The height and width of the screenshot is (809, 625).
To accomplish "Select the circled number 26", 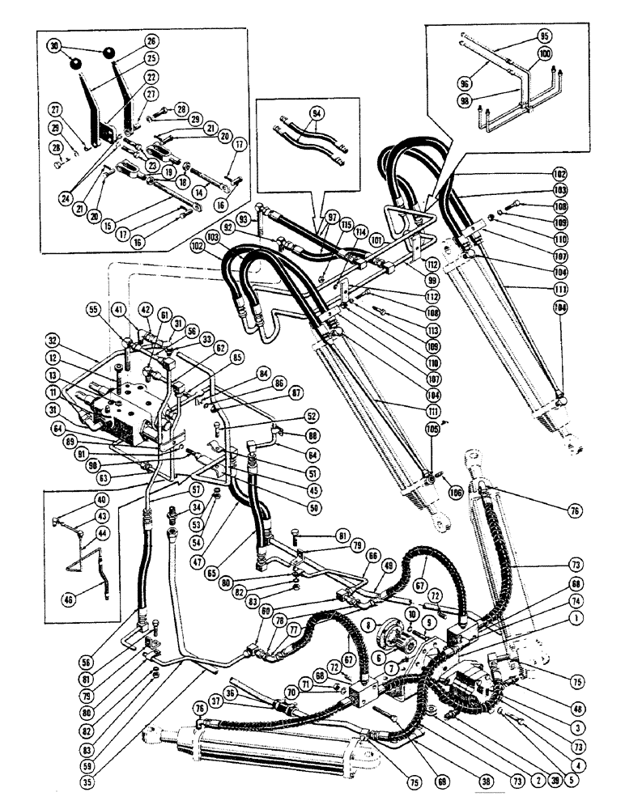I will pyautogui.click(x=151, y=40).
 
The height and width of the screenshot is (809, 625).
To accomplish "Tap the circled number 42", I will pyautogui.click(x=147, y=309).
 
